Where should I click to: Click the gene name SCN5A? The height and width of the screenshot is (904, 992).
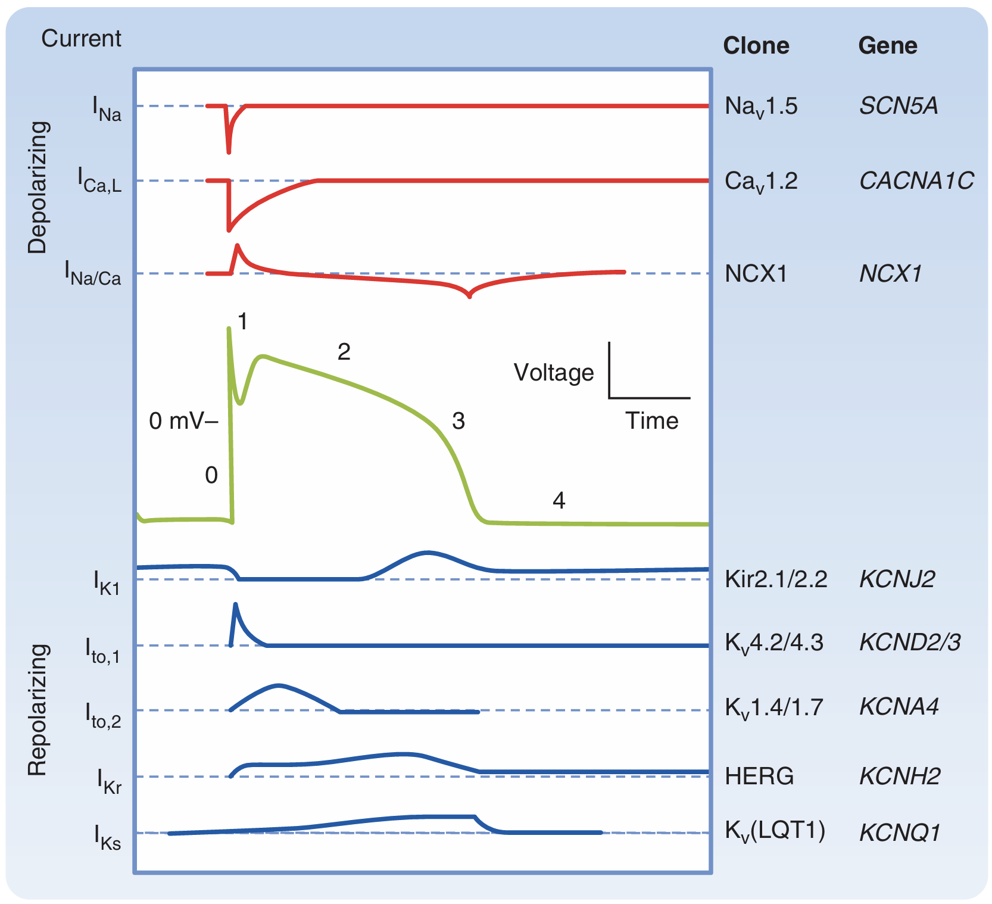point(898,106)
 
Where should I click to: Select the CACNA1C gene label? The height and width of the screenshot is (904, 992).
point(916,180)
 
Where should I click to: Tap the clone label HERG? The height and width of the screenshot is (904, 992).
point(759,776)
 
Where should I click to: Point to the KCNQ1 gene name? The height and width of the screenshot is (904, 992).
point(899,833)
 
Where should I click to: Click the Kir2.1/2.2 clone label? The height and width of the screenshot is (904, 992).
point(775,579)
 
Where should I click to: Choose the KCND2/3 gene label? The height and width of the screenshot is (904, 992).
point(909,643)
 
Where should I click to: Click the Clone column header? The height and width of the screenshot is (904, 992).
point(756,46)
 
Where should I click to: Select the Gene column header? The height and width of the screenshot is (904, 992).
point(887,46)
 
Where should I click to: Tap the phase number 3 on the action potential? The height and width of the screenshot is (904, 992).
point(458,421)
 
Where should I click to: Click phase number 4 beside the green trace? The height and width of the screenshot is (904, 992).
point(559,500)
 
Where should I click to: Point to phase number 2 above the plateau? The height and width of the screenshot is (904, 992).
point(344,352)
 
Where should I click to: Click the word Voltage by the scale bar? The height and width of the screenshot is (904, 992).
point(553,373)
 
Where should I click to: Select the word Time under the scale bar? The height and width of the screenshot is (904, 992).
point(651,421)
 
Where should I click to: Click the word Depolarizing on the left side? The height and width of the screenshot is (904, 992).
point(38,188)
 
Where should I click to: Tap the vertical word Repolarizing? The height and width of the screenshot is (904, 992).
point(38,709)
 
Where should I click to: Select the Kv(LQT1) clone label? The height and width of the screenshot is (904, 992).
point(775,830)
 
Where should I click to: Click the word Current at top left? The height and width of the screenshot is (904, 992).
point(81,39)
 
